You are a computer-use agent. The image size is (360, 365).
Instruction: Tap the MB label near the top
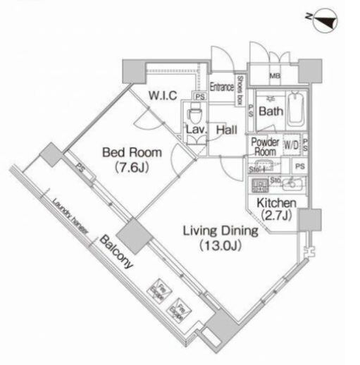point(274,78)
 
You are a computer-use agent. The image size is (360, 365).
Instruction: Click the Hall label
point(226,130)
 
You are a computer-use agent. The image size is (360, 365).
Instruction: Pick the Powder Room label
point(265,145)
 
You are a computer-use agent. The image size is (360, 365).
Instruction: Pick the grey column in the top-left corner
point(132,70)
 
